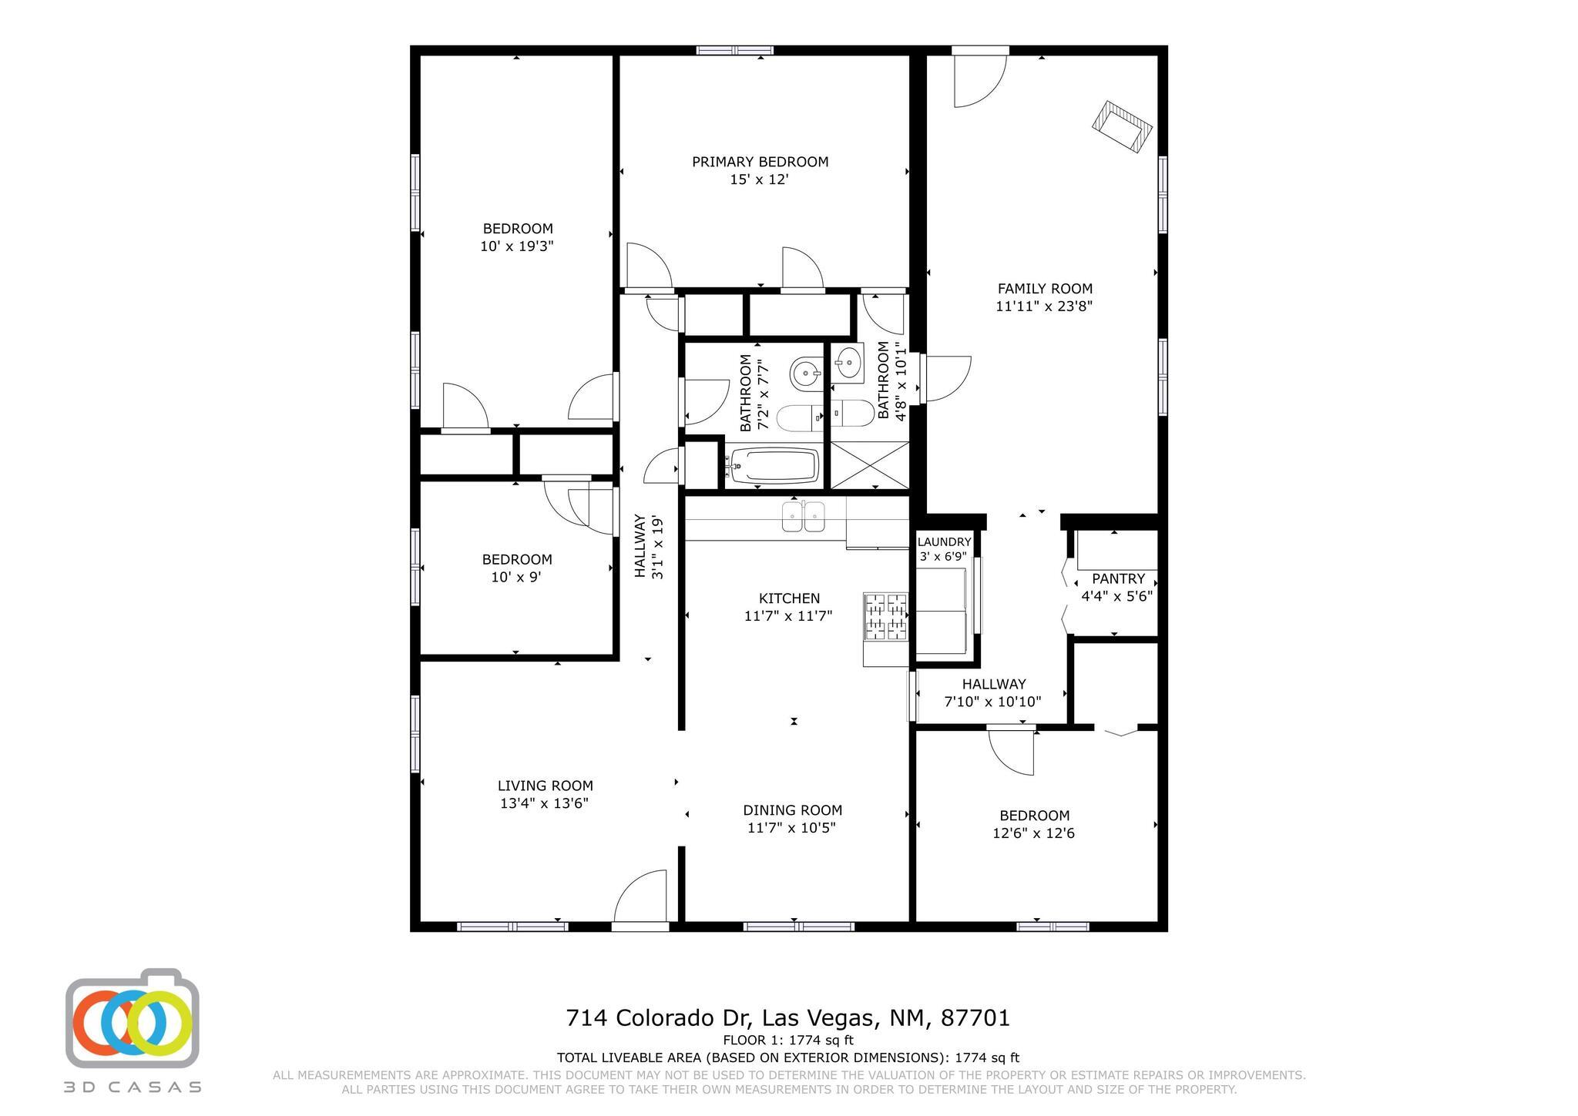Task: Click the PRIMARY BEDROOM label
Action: [760, 162]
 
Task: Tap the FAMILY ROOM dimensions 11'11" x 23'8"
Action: [1044, 306]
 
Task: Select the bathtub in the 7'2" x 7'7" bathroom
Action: [773, 465]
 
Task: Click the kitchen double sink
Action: [803, 516]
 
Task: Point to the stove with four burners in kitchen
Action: [885, 617]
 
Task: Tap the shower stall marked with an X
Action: [869, 464]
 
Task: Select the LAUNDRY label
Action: [944, 542]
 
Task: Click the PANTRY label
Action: [1118, 578]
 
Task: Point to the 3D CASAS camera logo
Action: [133, 1018]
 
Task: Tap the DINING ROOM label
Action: [792, 810]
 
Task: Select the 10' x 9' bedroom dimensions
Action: [516, 577]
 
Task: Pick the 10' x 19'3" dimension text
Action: [517, 246]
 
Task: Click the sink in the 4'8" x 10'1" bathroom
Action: [849, 361]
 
